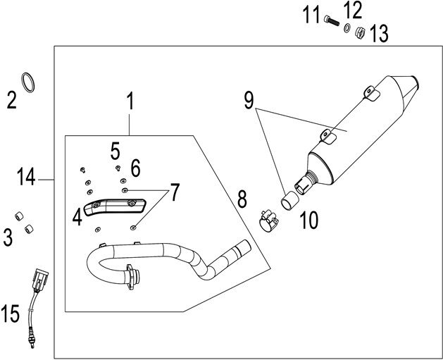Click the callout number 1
[129, 103]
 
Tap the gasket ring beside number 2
[27, 82]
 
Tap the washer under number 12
[347, 29]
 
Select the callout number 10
[307, 221]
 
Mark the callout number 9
[249, 101]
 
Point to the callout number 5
[116, 149]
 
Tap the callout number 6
[135, 168]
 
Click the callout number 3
[8, 237]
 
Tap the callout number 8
[242, 198]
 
